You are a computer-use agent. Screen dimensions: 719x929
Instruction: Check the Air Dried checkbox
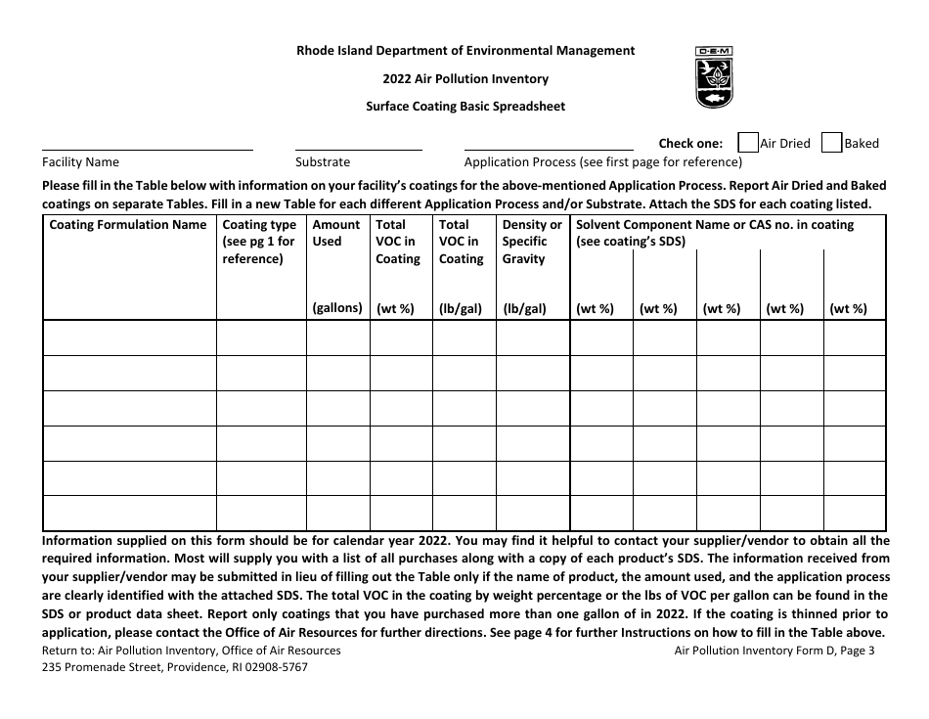point(747,143)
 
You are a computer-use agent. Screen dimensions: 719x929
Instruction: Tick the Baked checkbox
point(831,143)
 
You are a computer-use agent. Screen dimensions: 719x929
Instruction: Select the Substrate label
point(323,162)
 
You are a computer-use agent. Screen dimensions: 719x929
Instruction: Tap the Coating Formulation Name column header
point(128,225)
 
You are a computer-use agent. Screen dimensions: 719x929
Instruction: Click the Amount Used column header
point(336,233)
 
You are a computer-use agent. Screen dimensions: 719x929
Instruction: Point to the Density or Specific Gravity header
point(532,242)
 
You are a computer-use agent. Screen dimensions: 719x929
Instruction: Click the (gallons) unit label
point(337,308)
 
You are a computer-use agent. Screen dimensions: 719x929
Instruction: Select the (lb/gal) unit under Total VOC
point(461,308)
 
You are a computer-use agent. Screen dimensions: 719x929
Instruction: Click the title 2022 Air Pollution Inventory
point(465,79)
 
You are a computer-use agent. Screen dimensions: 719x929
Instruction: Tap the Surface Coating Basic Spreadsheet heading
point(465,107)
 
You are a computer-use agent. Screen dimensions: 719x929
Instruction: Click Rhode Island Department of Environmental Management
point(465,51)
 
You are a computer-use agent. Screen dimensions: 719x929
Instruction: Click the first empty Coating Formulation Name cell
point(129,338)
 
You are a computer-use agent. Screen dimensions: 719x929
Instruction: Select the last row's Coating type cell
point(261,513)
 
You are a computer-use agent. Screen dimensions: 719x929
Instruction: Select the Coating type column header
point(260,242)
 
